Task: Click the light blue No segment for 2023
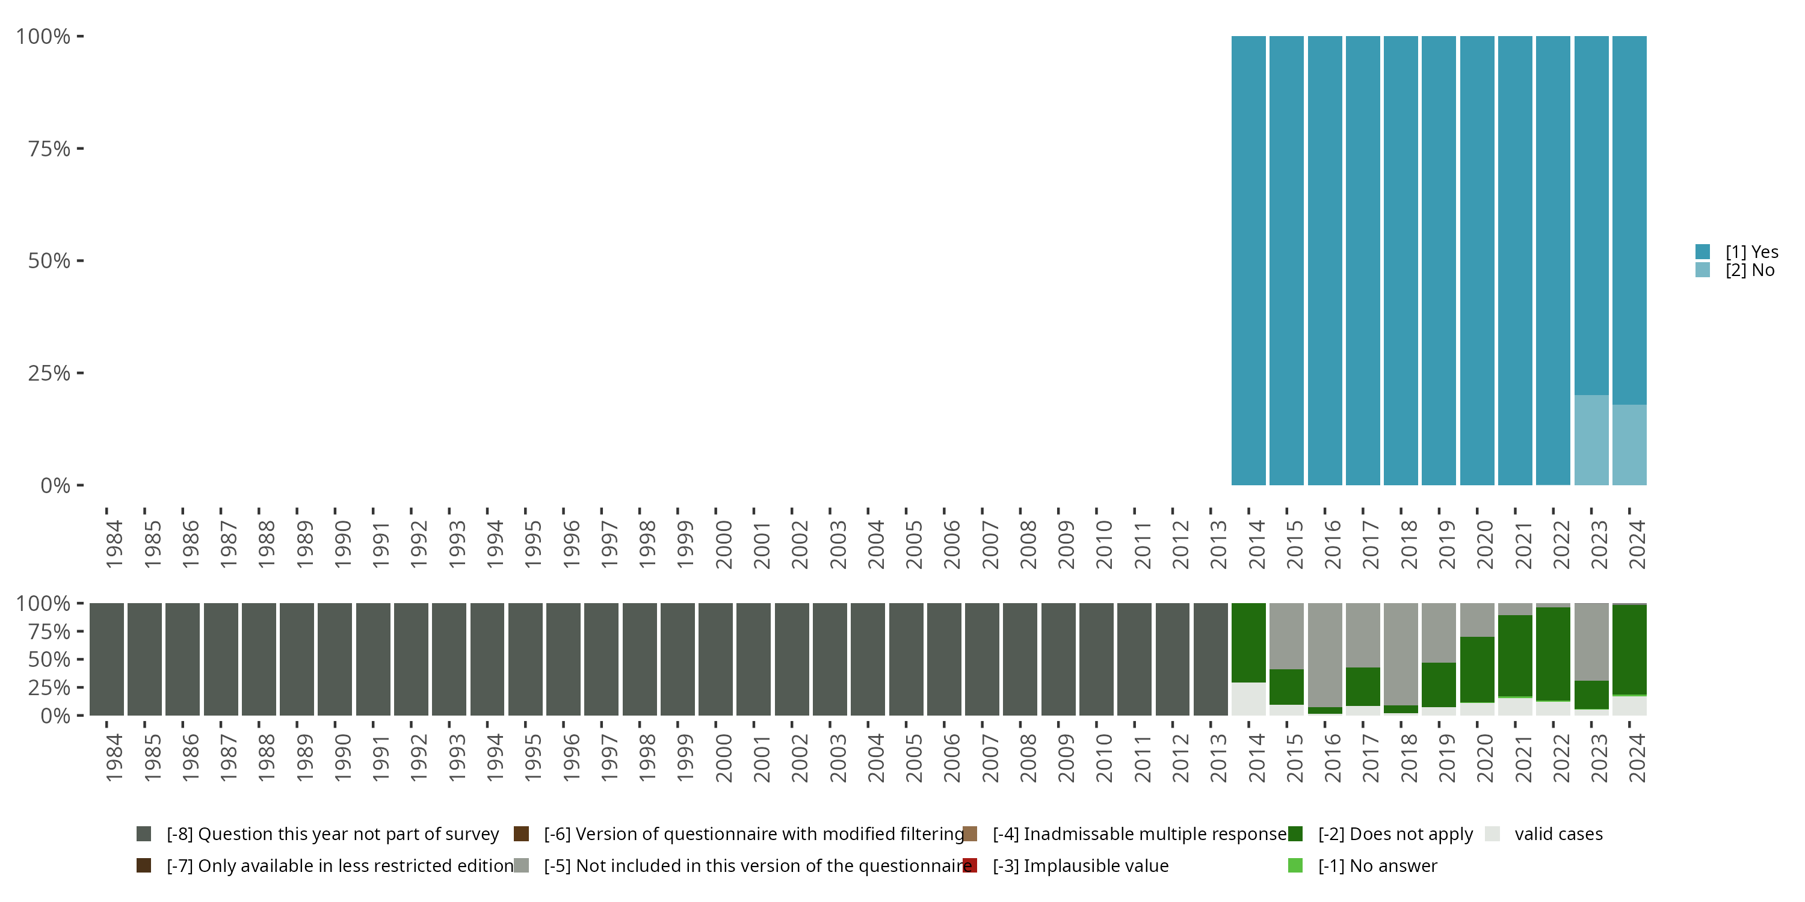(x=1591, y=440)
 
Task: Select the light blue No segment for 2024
(x=1629, y=445)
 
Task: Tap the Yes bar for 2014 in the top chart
(x=1248, y=260)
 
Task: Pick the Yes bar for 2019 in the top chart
(x=1439, y=260)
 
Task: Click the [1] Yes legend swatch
(x=1703, y=251)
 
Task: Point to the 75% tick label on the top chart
(x=49, y=149)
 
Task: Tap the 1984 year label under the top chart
(x=114, y=544)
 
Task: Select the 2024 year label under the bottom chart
(x=1636, y=758)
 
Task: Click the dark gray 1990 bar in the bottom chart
(x=335, y=659)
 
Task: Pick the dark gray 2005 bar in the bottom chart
(x=906, y=659)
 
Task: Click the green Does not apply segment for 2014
(x=1248, y=642)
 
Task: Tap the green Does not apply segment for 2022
(x=1553, y=654)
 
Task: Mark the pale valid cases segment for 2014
(x=1248, y=699)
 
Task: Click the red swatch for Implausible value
(x=970, y=865)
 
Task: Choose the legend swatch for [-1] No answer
(x=1295, y=865)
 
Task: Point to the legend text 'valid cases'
(x=1558, y=834)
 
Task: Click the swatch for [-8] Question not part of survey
(x=144, y=834)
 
